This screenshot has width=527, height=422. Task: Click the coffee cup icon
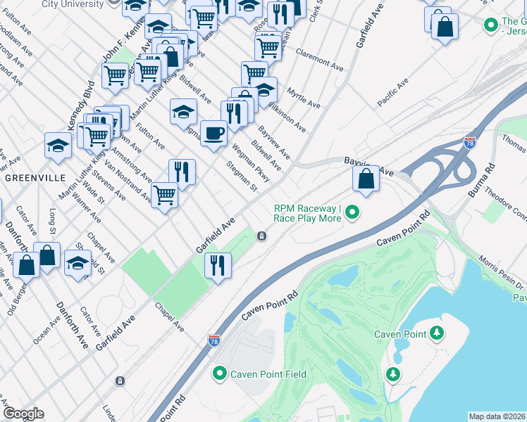[x=213, y=132]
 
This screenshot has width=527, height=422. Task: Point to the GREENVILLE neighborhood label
[x=35, y=178]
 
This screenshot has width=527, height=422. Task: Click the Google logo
[x=23, y=414]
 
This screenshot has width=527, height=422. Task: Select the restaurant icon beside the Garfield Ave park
[x=218, y=265]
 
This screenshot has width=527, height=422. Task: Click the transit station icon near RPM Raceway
[x=261, y=236]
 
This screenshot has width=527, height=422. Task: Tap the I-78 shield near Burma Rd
[x=470, y=143]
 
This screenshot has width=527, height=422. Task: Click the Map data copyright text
[x=497, y=416]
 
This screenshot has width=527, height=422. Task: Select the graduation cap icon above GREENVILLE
[x=58, y=146]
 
